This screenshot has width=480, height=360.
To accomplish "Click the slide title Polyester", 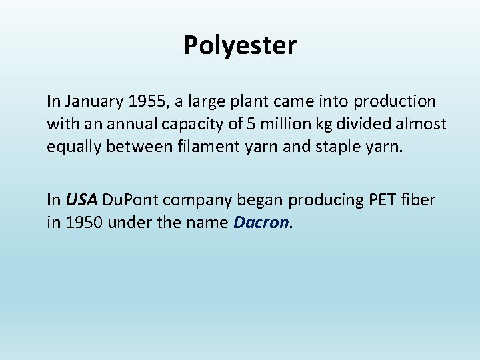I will tap(240, 46).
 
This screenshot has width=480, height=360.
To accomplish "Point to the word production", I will tap(395, 102).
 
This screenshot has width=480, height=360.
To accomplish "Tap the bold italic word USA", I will tap(81, 199).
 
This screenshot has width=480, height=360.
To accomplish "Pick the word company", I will tap(197, 200).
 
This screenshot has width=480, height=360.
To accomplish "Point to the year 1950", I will tap(83, 221).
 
